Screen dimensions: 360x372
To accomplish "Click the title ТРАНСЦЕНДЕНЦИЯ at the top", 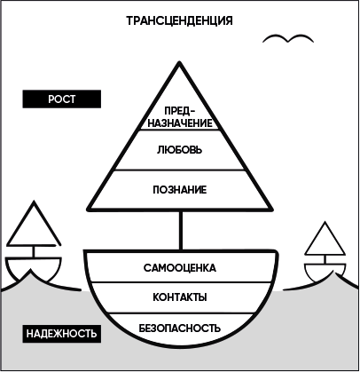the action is pos(180,21).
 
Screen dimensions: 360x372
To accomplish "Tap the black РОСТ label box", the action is pos(62,99).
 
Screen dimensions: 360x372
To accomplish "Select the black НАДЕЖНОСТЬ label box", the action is pos(62,334).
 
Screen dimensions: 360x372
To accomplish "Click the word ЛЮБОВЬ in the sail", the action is pos(180,150).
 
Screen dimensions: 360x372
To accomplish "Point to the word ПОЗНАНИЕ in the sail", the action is pos(180,190).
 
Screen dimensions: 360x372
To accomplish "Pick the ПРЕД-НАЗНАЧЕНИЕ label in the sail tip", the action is pos(180,117).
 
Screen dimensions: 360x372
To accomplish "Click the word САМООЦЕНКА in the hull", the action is pos(180,268).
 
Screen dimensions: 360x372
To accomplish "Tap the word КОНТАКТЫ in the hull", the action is pos(180,297).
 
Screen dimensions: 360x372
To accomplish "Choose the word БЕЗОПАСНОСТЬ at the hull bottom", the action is pos(180,328).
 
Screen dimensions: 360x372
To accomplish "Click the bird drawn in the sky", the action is pos(288,39).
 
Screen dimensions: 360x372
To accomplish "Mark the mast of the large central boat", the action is pos(181,231).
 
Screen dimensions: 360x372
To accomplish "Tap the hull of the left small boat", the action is pos(33,267).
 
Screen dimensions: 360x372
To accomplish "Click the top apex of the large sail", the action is pos(179,62).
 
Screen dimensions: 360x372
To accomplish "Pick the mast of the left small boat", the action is pos(34,252).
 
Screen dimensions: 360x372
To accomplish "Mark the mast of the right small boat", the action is pos(325,259).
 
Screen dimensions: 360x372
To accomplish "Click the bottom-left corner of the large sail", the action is pos(88,210).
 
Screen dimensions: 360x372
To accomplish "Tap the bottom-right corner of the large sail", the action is pos(271,210).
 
